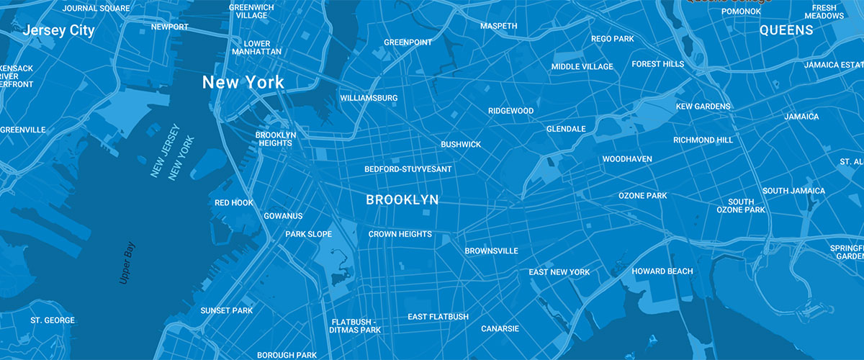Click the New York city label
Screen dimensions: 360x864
click(243, 82)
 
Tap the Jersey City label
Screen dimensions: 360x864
click(58, 31)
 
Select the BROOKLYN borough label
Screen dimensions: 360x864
click(402, 200)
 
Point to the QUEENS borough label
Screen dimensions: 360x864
click(786, 30)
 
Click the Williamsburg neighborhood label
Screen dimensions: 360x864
click(369, 98)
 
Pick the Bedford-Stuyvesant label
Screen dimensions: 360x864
click(408, 169)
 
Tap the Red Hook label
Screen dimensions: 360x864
click(234, 203)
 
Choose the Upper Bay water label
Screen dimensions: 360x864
click(127, 262)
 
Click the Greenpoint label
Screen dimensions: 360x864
click(408, 42)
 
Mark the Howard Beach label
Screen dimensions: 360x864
click(662, 271)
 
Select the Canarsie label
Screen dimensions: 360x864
click(500, 329)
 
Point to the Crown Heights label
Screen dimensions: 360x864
click(400, 234)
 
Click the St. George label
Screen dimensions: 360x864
click(53, 320)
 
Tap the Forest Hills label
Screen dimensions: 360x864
click(657, 64)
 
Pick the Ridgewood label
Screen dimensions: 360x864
click(510, 111)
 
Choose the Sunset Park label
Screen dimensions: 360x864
click(226, 310)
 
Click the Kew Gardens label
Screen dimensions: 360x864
click(703, 107)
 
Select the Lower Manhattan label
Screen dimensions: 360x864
click(257, 48)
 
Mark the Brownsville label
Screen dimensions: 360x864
click(491, 251)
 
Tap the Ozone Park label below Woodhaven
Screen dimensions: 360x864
click(642, 196)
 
